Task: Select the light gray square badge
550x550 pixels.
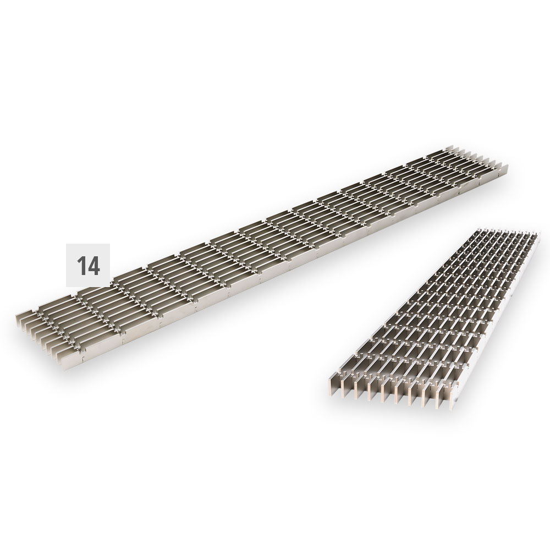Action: tap(88, 265)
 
